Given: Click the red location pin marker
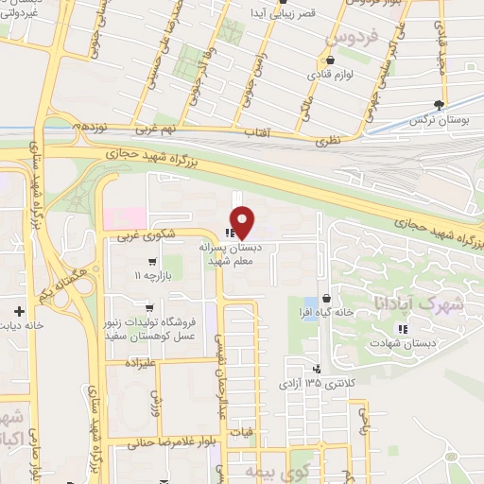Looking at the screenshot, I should [243, 222].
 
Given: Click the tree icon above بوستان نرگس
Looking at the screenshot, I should [438, 105].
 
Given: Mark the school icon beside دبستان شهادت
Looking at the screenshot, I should [402, 329].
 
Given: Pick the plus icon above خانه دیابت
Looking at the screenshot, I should [18, 310].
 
